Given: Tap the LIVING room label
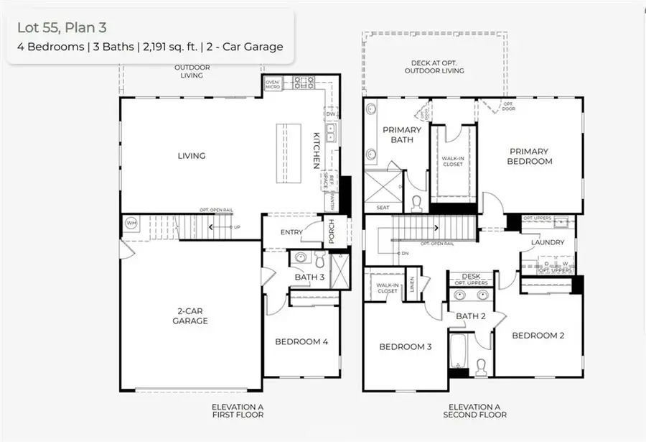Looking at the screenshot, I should pos(192,156).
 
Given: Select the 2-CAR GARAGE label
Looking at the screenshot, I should pos(190,316).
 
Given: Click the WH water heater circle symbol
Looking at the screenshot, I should pos(131,223).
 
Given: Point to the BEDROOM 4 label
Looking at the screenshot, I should pos(301,341).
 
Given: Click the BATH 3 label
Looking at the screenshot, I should pos(309,277).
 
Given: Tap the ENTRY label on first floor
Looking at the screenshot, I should pos(291,231).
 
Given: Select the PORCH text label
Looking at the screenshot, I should pos(332,231).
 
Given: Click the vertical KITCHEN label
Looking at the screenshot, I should pos(314,150).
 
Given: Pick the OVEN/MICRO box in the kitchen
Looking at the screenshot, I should pos(273,84).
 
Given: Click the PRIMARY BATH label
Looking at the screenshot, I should pos(402,134).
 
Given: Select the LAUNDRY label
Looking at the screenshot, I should pos(548,243).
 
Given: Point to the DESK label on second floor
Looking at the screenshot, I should pos(471,276).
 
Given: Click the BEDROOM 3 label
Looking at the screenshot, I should pos(406,347).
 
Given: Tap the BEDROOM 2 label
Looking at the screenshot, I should pos(538,336).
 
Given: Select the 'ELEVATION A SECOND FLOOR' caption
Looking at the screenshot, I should pos(474,410).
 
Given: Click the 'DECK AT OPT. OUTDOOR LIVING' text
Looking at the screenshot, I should pos(434,66).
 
